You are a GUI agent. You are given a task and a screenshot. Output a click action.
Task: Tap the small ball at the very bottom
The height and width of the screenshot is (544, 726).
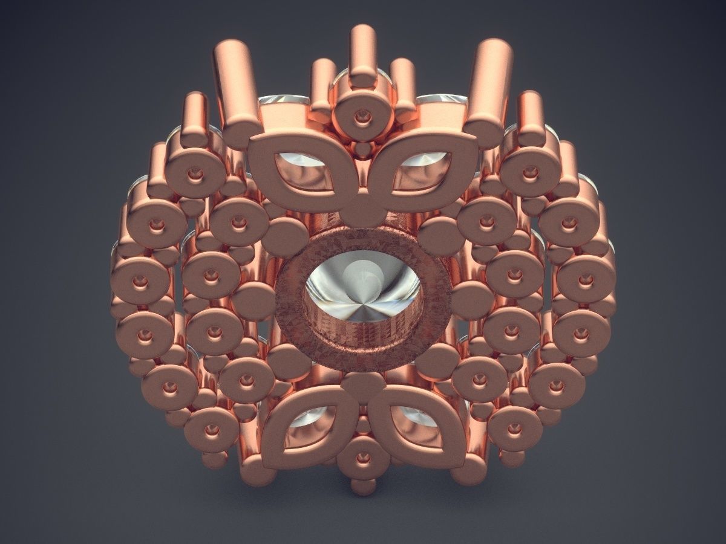coord(363,487)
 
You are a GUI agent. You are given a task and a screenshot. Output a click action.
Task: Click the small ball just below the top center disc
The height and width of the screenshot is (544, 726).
coord(363,147)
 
